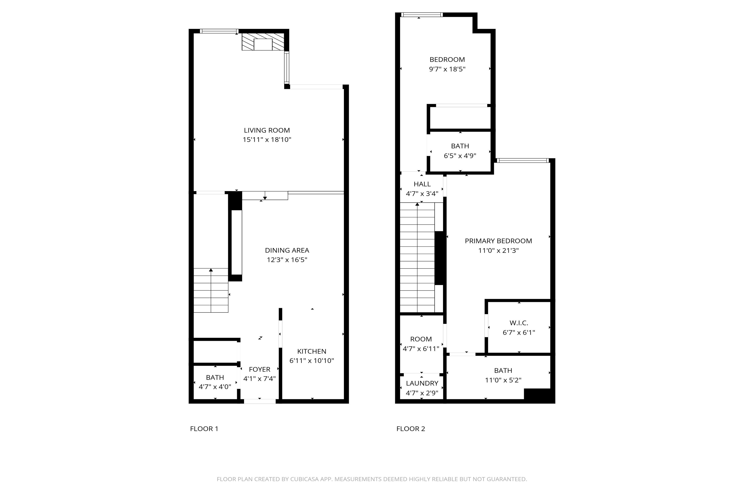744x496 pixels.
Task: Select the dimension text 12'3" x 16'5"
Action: [x=287, y=260]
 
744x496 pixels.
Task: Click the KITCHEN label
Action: [x=312, y=351]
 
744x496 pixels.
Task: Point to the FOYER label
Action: [x=259, y=369]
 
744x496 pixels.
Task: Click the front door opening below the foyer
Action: [x=260, y=401]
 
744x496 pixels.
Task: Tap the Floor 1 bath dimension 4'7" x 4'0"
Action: [x=215, y=386]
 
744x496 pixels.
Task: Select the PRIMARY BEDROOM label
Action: [x=498, y=241]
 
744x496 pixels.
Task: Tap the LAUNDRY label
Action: [x=422, y=383]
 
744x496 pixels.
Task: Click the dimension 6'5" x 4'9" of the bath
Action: [x=460, y=156]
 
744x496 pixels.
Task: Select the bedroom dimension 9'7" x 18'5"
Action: [x=447, y=69]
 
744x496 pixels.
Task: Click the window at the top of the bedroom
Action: [x=422, y=14]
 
